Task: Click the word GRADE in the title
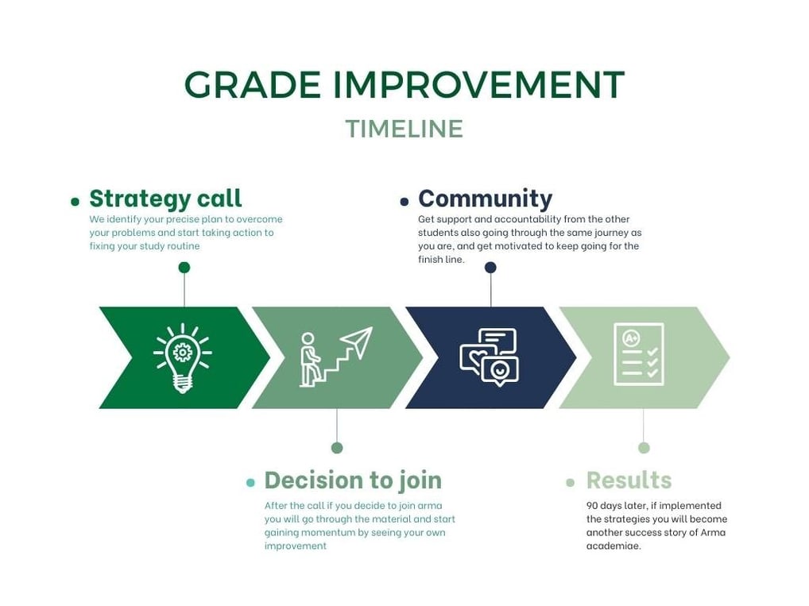click(252, 84)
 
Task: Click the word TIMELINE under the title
click(404, 129)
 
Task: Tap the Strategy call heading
click(165, 199)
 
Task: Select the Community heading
click(485, 199)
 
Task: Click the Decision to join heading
click(353, 481)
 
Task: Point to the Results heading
click(629, 481)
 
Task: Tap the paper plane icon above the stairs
click(357, 342)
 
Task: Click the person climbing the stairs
click(309, 360)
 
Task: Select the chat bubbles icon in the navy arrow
click(489, 357)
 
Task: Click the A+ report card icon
click(639, 353)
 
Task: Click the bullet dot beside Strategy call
click(75, 202)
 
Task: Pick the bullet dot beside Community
click(404, 202)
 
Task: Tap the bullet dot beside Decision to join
click(251, 483)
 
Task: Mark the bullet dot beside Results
click(570, 483)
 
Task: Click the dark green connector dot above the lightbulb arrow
click(184, 267)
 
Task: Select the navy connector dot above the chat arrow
click(490, 267)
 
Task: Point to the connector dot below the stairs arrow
click(337, 448)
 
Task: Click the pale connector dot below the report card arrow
click(644, 448)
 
